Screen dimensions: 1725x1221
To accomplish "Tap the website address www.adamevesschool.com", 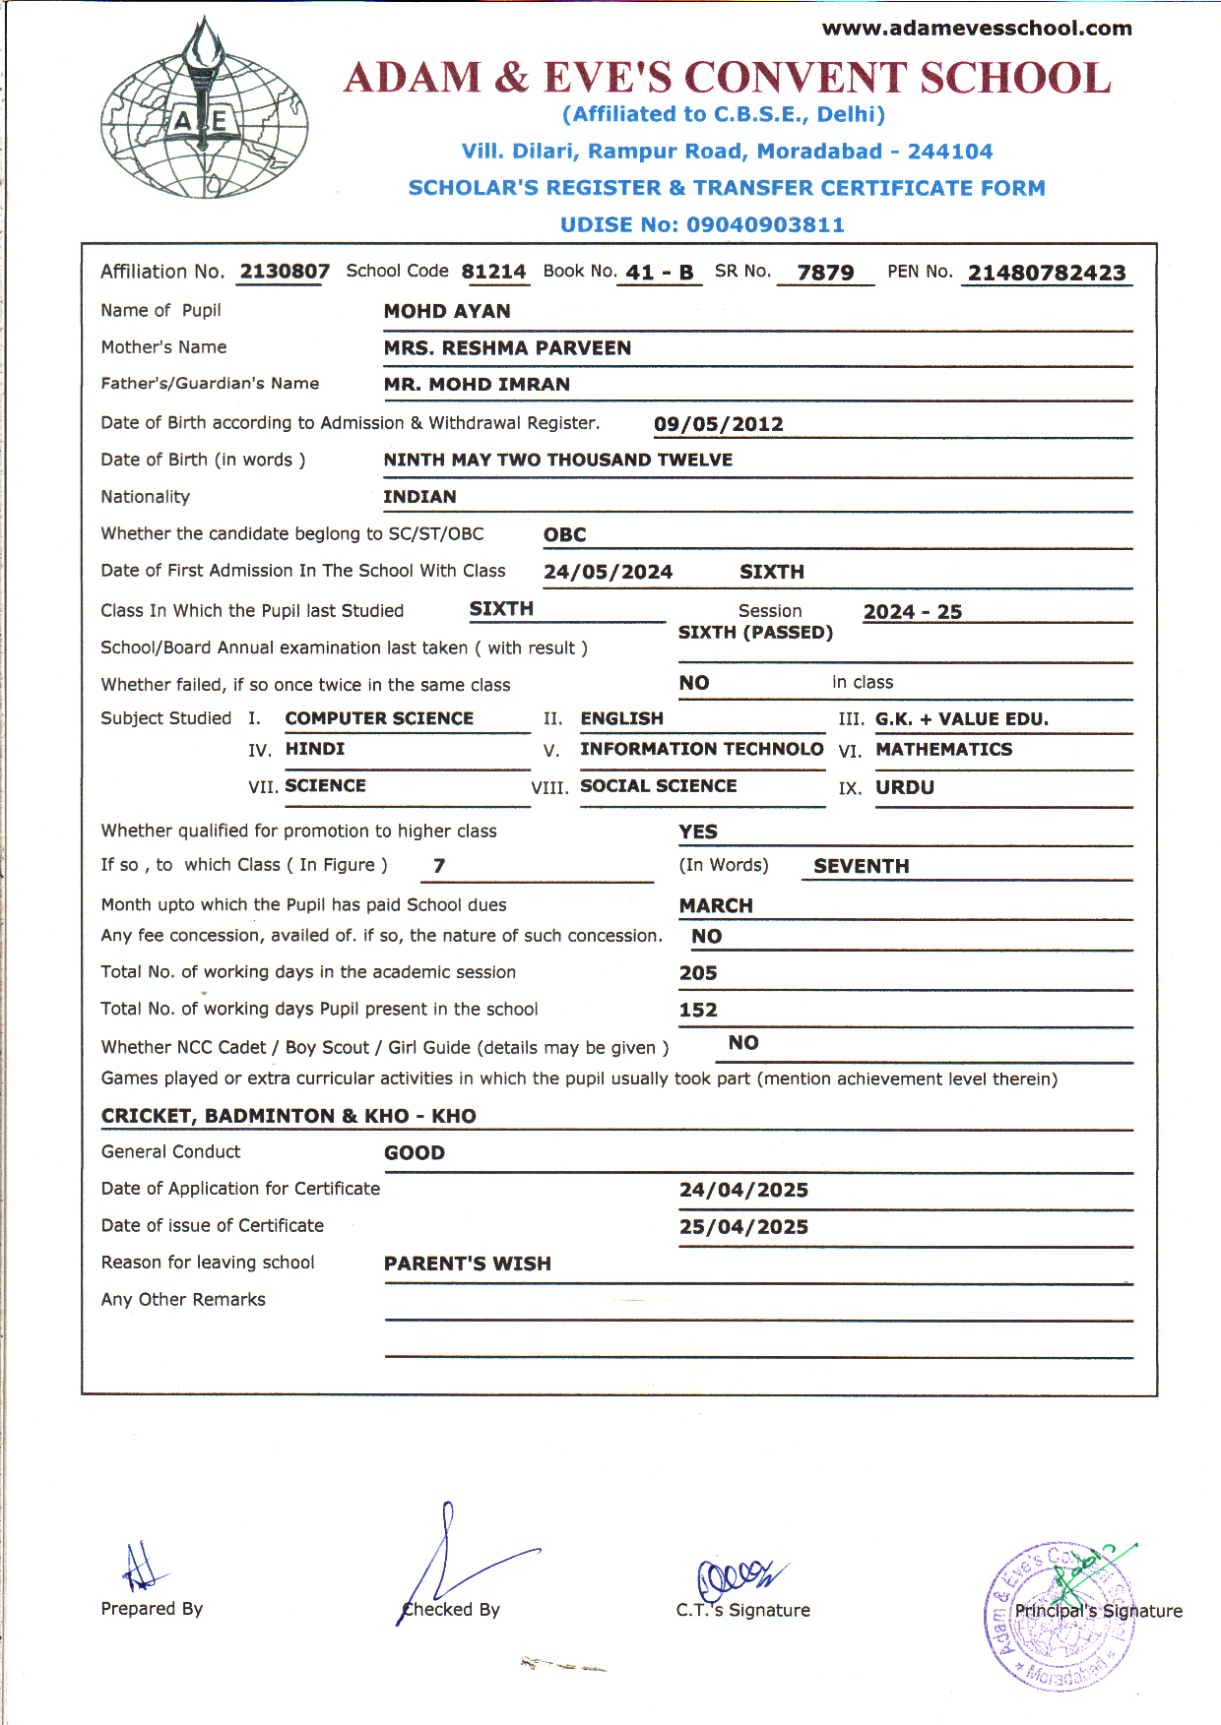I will coord(977,29).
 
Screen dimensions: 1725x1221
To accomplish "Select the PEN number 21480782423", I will coord(1047,274).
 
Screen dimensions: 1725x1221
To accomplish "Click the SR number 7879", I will coord(825,273).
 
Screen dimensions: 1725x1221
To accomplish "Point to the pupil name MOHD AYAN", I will coord(447,312).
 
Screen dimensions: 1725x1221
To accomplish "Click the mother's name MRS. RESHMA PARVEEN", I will coord(507,348).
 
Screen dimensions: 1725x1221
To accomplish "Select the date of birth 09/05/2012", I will coord(719,424).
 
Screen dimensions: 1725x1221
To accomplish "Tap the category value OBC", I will coord(565,535).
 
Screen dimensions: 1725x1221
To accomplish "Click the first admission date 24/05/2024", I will coord(609,573).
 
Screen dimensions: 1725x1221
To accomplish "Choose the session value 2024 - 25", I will coord(913,612).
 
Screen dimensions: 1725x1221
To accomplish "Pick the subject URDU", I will coord(905,788).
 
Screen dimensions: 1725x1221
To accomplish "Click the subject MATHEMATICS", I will coord(944,750).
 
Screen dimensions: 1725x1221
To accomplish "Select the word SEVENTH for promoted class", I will coord(862,867).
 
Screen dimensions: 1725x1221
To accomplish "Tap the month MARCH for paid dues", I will coord(716,906).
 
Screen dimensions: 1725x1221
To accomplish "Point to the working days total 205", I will coord(698,973).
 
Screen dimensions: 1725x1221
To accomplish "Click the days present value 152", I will coord(698,1011).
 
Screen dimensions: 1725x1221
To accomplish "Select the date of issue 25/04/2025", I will coord(743,1227).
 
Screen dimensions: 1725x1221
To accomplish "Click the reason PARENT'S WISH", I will coord(468,1264).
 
